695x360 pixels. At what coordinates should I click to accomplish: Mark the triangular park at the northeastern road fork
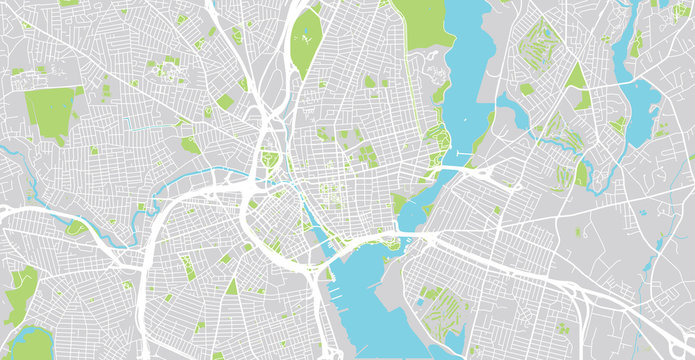coord(576,77)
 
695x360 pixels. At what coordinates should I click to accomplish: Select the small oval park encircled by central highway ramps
coord(268,159)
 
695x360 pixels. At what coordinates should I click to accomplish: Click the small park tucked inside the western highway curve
coord(76,227)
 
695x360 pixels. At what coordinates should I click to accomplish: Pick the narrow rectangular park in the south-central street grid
coord(187,267)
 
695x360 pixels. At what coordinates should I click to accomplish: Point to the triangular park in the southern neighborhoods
coord(232,287)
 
